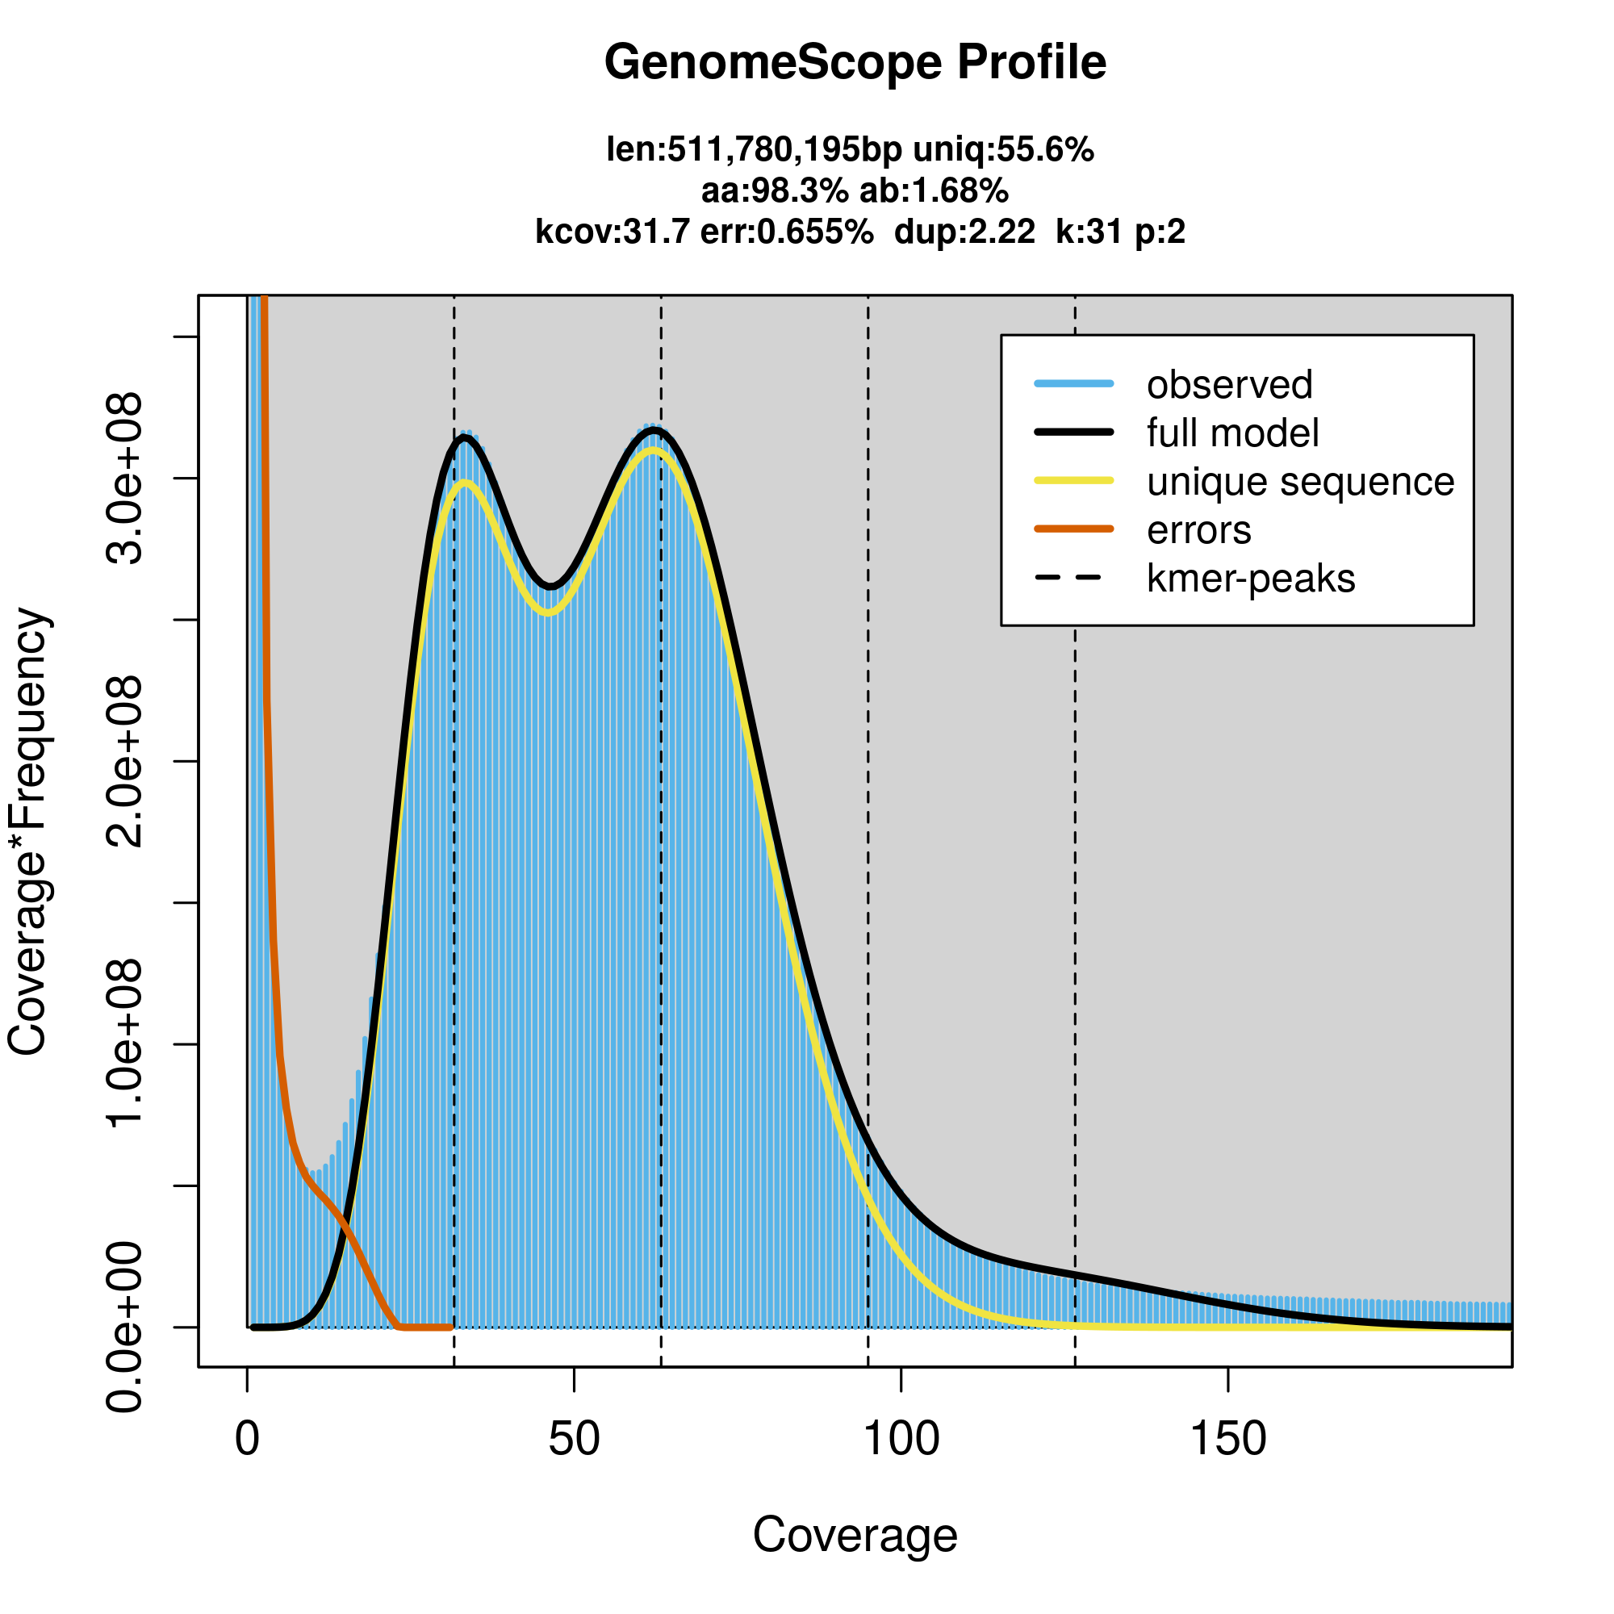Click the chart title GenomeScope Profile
[855, 63]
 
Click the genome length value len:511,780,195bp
[754, 150]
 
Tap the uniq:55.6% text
[1003, 150]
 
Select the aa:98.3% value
[775, 191]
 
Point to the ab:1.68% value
[934, 191]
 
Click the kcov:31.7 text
[613, 232]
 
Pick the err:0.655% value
[786, 232]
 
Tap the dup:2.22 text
[964, 232]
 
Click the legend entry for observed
[1229, 385]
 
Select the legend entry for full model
[1232, 433]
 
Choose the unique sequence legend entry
[1300, 482]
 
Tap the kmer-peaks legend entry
[1251, 579]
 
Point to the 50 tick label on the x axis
[574, 1439]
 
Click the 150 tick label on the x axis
[1227, 1439]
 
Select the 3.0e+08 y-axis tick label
[125, 479]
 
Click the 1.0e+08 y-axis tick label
[125, 1044]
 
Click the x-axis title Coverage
[855, 1536]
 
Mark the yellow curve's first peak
[466, 482]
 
